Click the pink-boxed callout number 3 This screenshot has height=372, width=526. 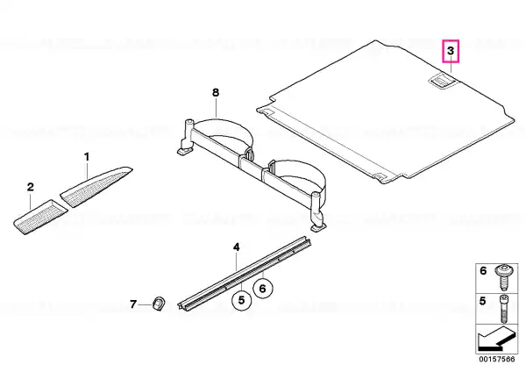451,51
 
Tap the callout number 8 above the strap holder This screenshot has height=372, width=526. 216,92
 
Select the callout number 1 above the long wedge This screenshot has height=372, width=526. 87,157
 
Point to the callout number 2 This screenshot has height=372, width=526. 31,187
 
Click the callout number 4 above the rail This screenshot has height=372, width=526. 237,247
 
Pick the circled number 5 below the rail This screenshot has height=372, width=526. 242,300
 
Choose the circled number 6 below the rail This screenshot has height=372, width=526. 263,289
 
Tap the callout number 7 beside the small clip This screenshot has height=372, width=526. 133,304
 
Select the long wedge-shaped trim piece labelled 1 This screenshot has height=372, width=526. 96,187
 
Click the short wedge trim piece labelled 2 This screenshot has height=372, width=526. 40,217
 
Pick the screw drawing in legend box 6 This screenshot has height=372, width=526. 503,277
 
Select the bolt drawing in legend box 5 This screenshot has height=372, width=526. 503,309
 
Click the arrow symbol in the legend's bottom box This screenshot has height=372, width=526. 494,340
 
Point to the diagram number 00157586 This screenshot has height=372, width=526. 497,359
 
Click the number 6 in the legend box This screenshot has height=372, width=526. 483,270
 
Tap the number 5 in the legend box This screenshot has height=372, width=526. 482,301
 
